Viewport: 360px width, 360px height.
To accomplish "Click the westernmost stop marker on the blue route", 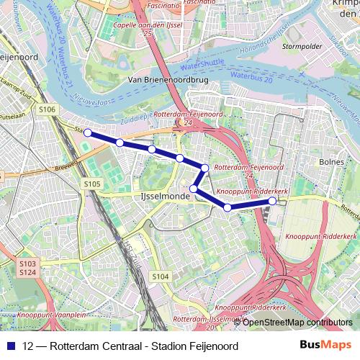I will point(88,132).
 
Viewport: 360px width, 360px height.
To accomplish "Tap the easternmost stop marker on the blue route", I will point(273,201).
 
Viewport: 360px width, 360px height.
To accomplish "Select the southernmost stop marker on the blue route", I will point(228,207).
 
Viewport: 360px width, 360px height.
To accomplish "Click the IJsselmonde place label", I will point(159,196).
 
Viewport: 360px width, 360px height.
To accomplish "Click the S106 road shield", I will point(48,109).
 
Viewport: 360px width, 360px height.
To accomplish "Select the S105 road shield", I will point(91,185).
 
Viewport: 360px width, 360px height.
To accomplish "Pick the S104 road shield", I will point(160,276).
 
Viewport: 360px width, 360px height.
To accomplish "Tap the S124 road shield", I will point(28,272).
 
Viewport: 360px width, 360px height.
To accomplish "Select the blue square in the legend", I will point(10,345).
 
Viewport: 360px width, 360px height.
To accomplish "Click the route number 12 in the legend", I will point(28,345).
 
